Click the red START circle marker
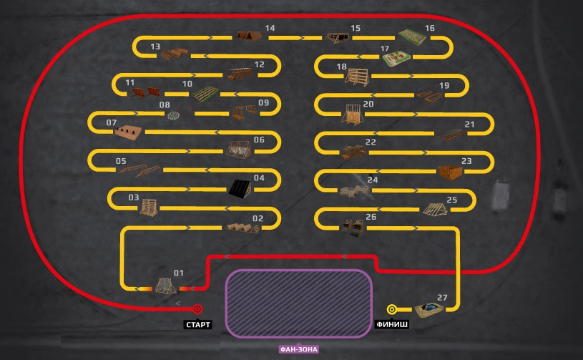coord(198,309)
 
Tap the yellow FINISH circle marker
coord(392,309)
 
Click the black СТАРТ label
coord(198,325)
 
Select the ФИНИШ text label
coord(392,325)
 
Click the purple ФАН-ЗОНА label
coord(299,349)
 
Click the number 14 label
coord(270,29)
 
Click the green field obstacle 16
coord(412,36)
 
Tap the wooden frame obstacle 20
coord(351,115)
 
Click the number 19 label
coord(444,86)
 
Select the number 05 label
coord(121,161)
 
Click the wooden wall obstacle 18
coord(357,77)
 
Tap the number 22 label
coord(371,142)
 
